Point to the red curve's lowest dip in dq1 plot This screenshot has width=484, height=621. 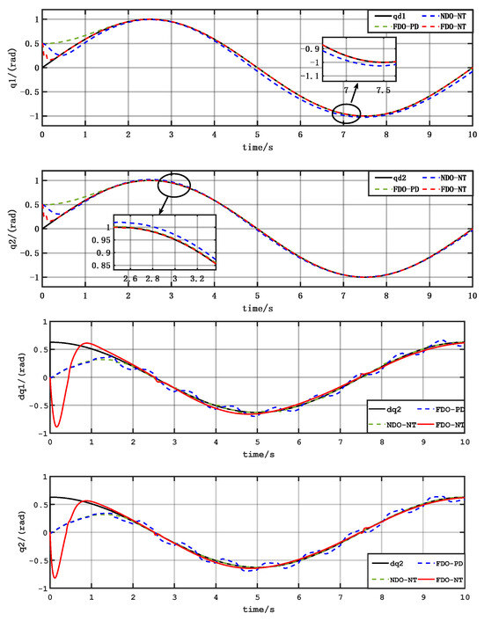click(x=57, y=426)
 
